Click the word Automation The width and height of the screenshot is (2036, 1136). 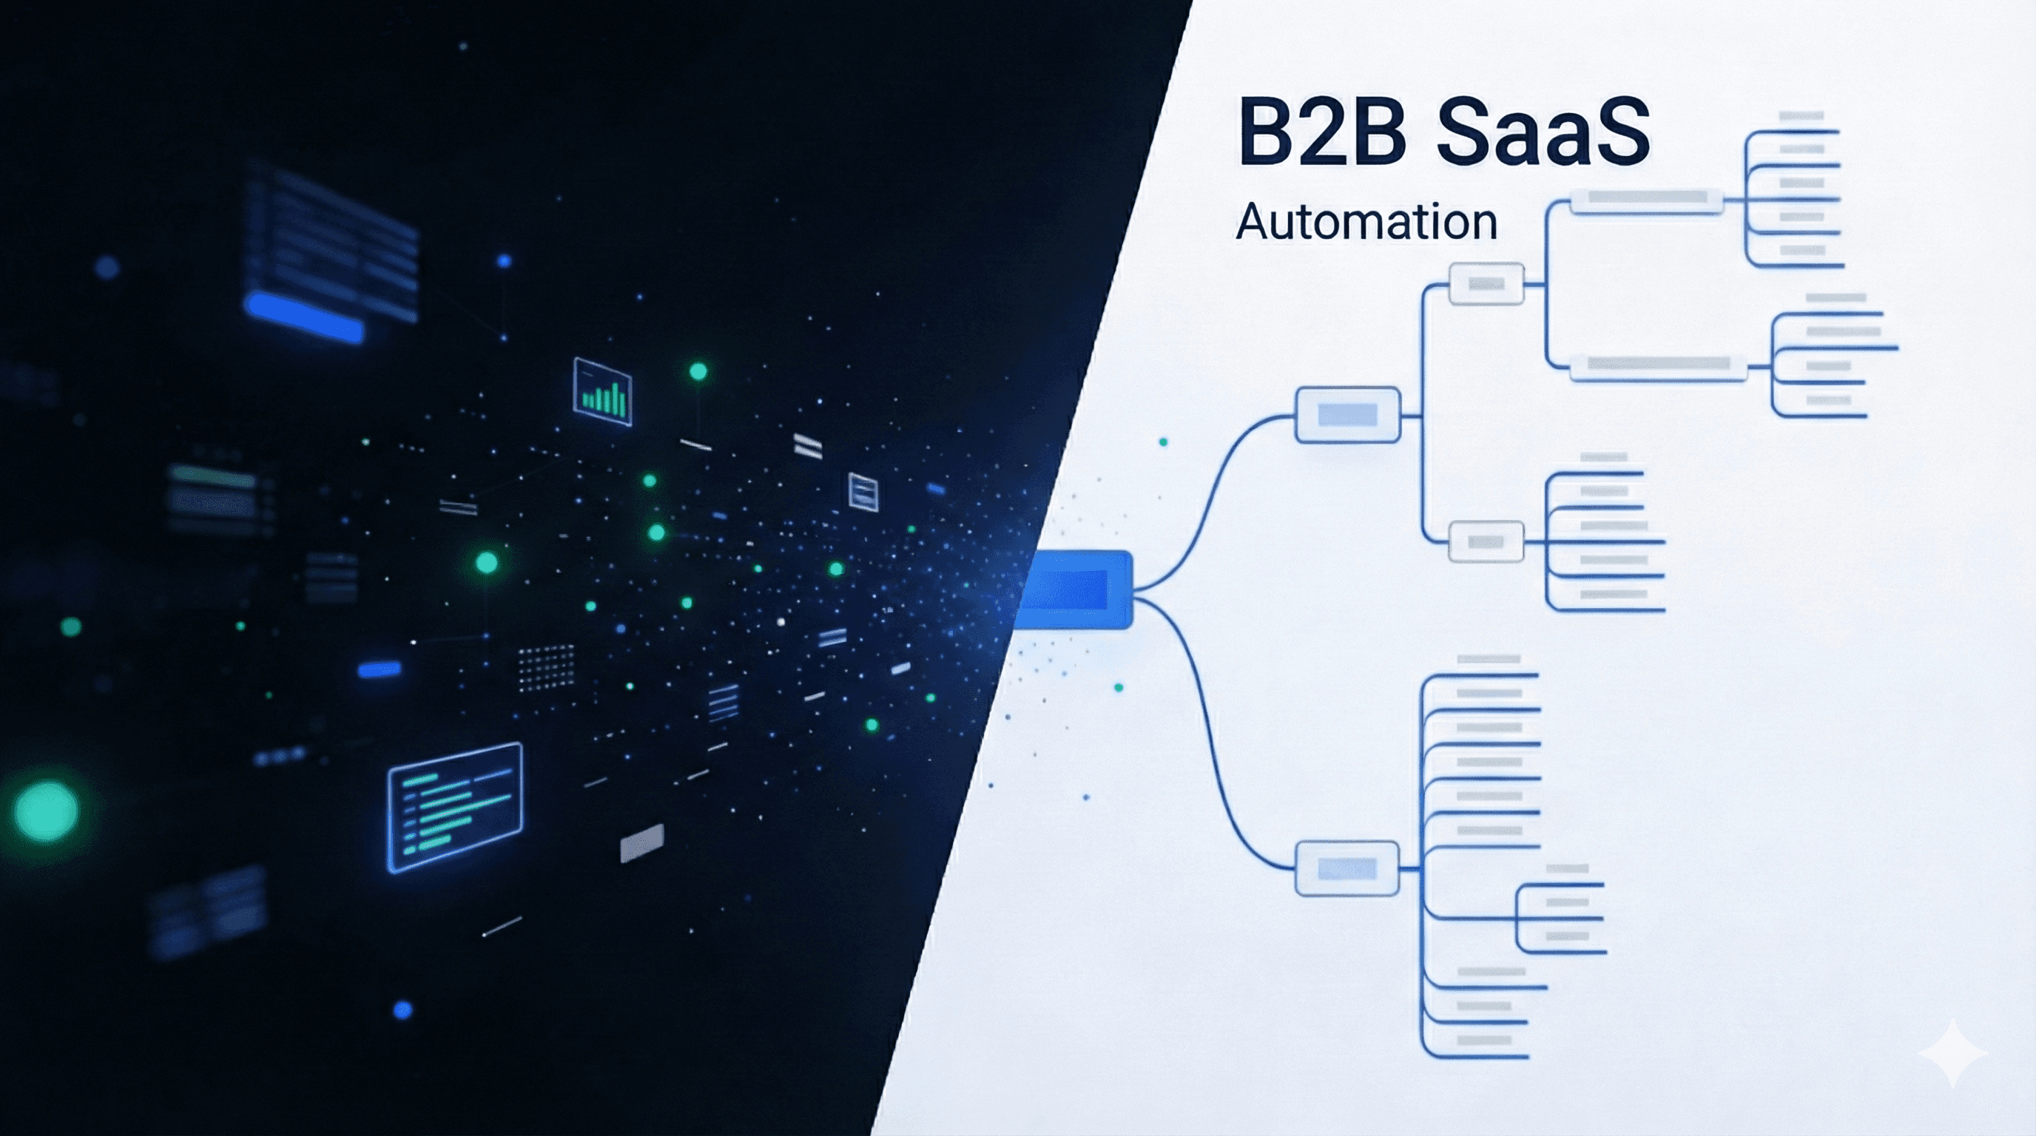click(1366, 222)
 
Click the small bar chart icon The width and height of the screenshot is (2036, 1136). click(602, 392)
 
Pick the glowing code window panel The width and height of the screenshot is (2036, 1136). click(454, 807)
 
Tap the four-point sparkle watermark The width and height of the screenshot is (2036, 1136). click(1952, 1052)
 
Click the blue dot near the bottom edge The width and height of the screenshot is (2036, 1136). click(403, 1009)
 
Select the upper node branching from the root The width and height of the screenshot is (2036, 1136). click(1347, 415)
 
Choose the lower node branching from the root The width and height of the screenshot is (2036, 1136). click(1346, 869)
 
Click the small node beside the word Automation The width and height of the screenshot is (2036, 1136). click(1486, 283)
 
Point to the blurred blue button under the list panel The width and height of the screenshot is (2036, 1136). click(305, 317)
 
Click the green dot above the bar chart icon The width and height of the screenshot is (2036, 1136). click(698, 371)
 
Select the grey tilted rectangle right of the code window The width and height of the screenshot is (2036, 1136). click(641, 843)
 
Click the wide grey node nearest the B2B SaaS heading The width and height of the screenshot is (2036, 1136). click(1645, 200)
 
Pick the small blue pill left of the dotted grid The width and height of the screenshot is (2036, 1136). click(380, 670)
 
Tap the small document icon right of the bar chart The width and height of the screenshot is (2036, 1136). click(863, 492)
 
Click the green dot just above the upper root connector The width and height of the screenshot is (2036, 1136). click(1163, 442)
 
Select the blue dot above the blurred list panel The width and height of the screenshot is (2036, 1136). click(505, 260)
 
